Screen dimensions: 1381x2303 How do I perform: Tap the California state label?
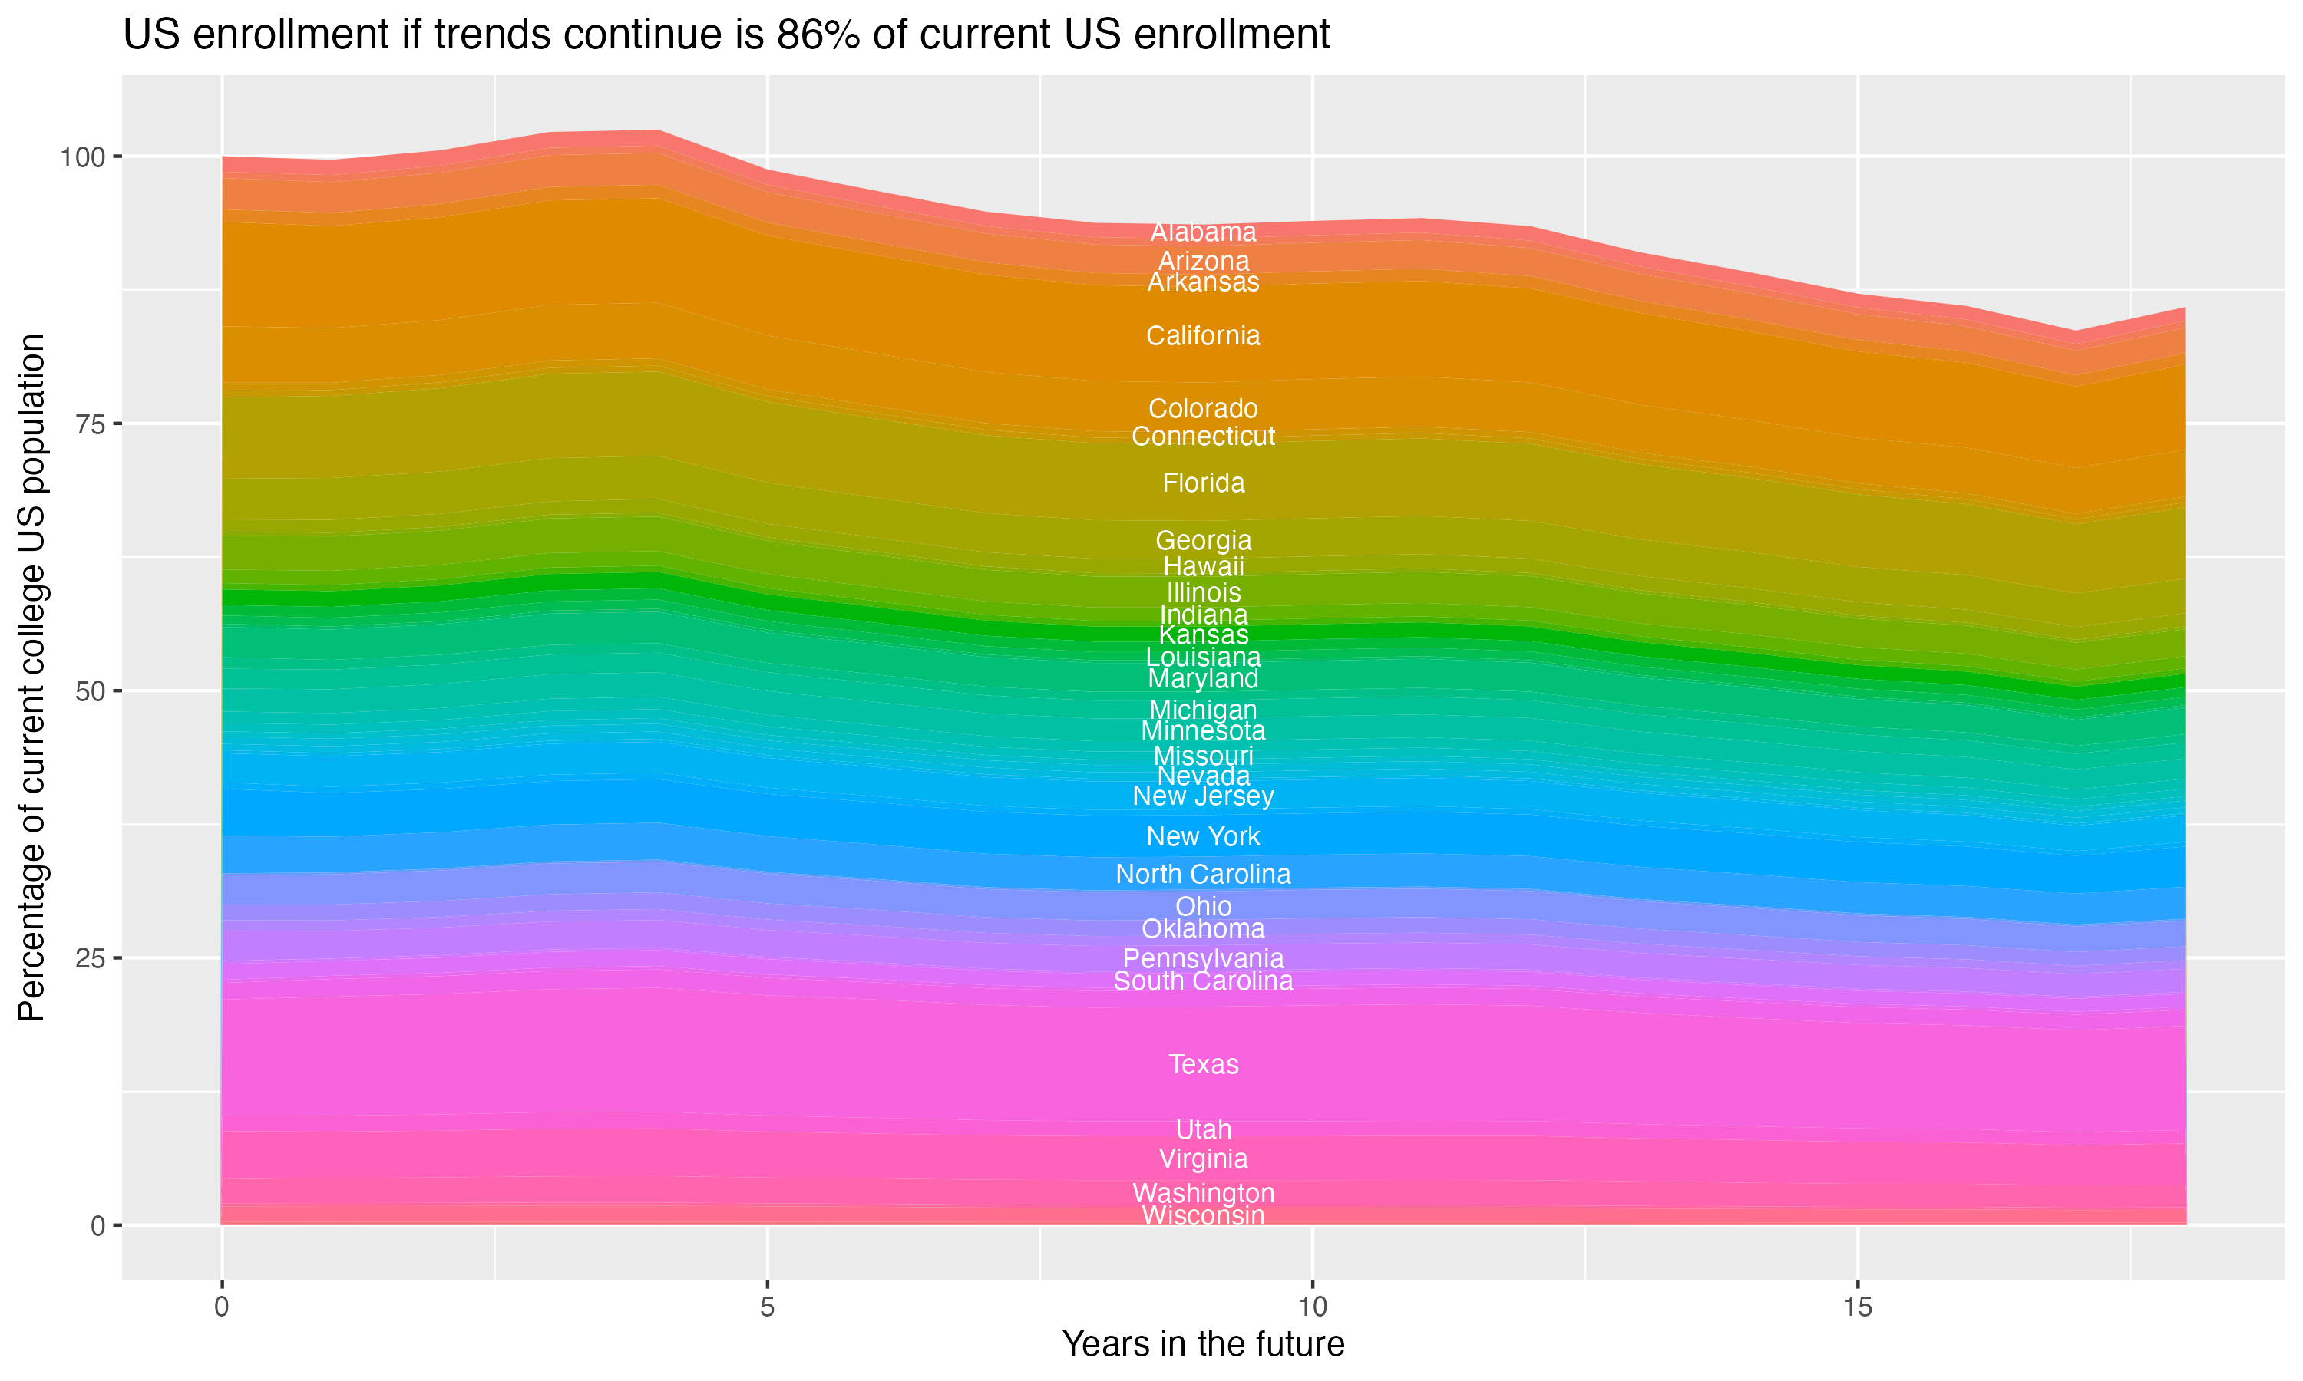coord(1203,336)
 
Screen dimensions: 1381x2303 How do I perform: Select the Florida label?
coord(1203,483)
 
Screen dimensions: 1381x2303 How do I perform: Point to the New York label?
coord(1203,836)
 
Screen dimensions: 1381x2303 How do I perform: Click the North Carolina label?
coord(1203,874)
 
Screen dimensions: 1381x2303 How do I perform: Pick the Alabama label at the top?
coord(1203,232)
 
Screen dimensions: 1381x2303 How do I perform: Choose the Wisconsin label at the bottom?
coord(1203,1216)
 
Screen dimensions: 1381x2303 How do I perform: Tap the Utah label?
coord(1203,1130)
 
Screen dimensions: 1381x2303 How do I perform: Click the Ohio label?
coord(1203,906)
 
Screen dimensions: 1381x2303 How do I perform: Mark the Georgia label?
coord(1203,541)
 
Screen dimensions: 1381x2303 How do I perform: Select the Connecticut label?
coord(1203,437)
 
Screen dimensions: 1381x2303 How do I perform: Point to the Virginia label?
coord(1203,1159)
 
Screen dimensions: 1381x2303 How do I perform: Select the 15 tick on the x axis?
coord(1857,1307)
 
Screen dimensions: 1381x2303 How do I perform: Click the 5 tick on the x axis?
coord(767,1307)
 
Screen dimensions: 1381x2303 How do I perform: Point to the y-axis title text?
coord(31,677)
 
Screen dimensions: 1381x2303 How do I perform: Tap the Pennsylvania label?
coord(1203,958)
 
